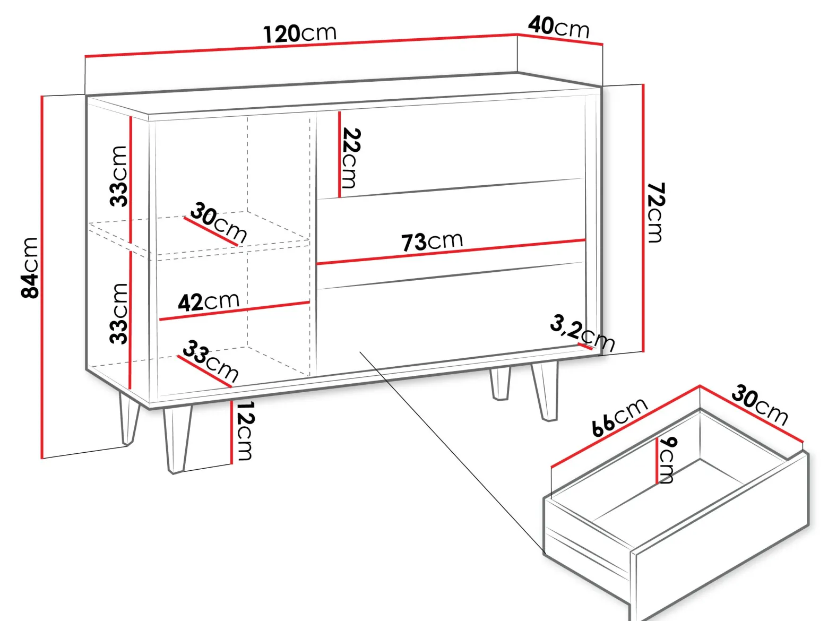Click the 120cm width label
tap(300, 33)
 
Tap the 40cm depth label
tap(559, 28)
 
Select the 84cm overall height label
tap(30, 268)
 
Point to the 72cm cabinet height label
tap(656, 212)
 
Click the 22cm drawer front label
tap(351, 158)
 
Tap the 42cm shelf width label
tap(209, 301)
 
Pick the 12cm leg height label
tap(245, 431)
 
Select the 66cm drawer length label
tap(619, 417)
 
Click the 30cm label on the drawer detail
tap(760, 405)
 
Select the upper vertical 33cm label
tap(118, 176)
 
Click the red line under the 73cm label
tap(451, 251)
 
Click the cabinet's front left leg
tap(177, 439)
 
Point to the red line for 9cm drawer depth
tap(657, 460)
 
